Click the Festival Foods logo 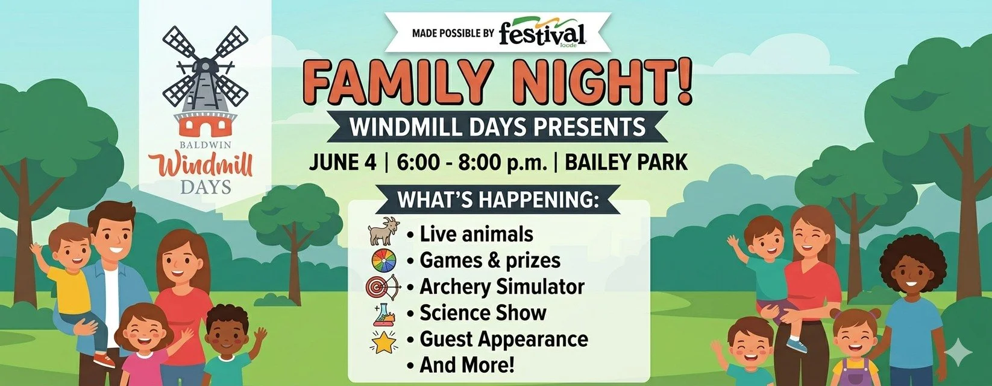click(542, 33)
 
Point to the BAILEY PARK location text click(626, 162)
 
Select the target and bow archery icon click(384, 286)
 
